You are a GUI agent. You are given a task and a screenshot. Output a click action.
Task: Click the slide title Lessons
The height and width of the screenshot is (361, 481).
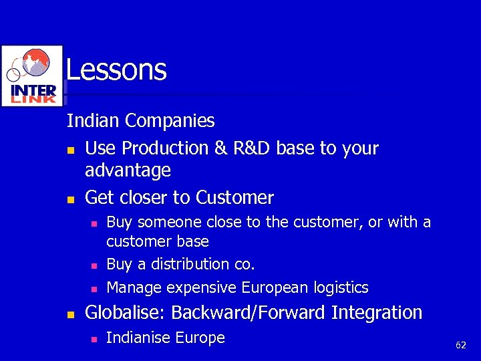(116, 70)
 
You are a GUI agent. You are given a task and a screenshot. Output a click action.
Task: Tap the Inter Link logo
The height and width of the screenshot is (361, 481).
(33, 76)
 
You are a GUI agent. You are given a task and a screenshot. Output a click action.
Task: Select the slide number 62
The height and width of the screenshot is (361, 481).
(460, 345)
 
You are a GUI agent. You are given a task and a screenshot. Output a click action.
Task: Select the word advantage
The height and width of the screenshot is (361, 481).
(128, 170)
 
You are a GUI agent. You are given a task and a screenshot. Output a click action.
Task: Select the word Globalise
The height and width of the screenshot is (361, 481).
(126, 313)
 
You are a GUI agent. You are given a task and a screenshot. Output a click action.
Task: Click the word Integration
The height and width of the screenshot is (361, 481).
(377, 313)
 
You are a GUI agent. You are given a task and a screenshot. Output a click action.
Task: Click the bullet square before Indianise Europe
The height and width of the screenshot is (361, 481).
(94, 339)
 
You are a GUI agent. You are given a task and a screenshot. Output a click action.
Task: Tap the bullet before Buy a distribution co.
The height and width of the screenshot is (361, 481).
(94, 265)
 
